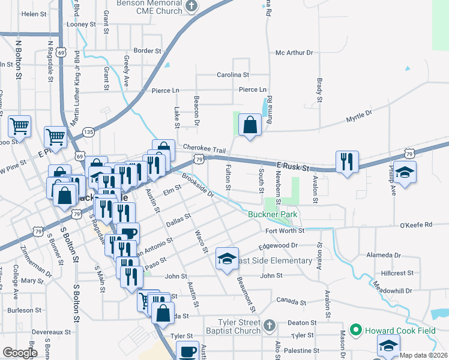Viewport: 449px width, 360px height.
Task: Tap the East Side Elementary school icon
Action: (x=227, y=259)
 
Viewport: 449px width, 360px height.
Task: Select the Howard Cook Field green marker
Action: (x=355, y=329)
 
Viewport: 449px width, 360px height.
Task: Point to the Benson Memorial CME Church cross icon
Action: (x=191, y=6)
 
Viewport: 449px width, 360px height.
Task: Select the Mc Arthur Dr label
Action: (x=294, y=53)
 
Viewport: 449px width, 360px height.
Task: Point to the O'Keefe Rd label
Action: (x=415, y=225)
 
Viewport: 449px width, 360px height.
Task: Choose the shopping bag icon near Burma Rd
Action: (x=250, y=125)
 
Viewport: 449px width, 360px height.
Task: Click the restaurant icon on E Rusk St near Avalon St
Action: (x=347, y=161)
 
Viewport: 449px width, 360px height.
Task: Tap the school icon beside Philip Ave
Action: (x=405, y=172)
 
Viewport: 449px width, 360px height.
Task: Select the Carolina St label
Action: (x=233, y=75)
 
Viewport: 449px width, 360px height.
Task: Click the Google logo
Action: (x=19, y=353)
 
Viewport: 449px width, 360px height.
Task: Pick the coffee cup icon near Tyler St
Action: (x=188, y=350)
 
